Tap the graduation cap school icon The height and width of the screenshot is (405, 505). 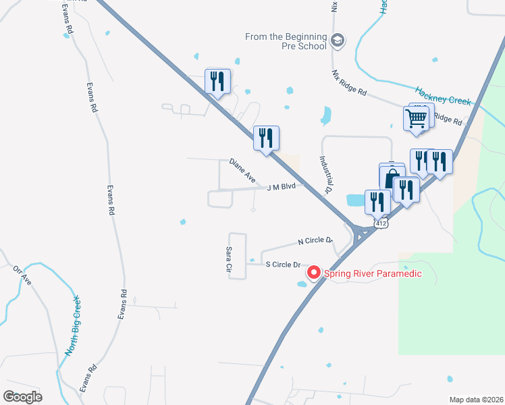[x=338, y=41]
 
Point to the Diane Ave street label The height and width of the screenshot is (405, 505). [x=242, y=171]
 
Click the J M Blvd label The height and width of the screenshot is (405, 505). [x=282, y=186]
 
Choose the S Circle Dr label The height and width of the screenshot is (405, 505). [x=283, y=264]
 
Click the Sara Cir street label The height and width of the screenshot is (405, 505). [x=228, y=260]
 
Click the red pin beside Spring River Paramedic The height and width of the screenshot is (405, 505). [x=313, y=273]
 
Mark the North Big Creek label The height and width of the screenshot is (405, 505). [x=72, y=326]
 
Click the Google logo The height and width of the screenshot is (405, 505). [x=23, y=396]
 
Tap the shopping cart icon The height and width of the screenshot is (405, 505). [x=417, y=118]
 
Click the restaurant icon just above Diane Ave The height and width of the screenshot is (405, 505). [x=266, y=138]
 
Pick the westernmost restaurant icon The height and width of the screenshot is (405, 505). [x=217, y=81]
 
